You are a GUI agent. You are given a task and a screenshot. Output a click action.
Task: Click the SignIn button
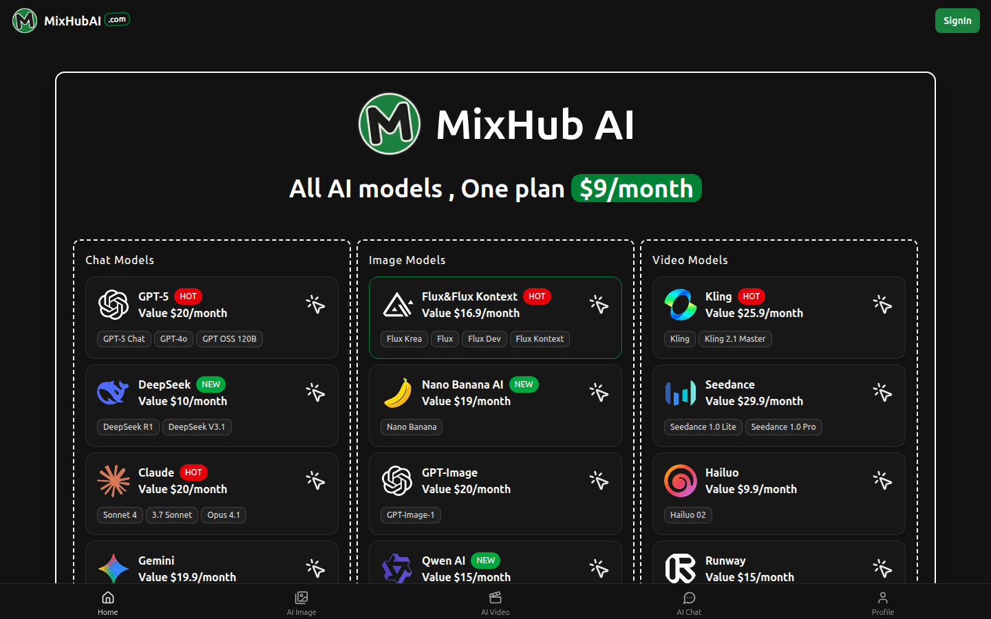click(x=957, y=21)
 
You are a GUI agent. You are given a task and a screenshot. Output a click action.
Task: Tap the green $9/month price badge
click(x=636, y=188)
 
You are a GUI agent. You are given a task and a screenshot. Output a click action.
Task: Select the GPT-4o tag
click(x=173, y=338)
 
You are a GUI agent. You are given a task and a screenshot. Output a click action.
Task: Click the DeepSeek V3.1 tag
click(x=196, y=426)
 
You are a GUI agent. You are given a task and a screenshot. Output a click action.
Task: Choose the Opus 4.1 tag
click(x=224, y=514)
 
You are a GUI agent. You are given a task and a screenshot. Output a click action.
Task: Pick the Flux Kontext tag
click(x=540, y=338)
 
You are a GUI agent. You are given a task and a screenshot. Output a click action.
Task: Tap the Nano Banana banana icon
click(x=397, y=393)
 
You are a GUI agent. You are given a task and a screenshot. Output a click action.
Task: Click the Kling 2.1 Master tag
click(x=735, y=338)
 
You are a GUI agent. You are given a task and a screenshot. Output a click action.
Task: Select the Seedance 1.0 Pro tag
click(x=783, y=426)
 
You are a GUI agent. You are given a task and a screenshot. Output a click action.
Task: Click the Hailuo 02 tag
click(x=688, y=514)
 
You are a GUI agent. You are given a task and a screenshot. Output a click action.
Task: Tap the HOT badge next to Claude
click(x=193, y=473)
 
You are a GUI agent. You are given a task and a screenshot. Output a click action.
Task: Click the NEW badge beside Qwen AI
click(x=485, y=560)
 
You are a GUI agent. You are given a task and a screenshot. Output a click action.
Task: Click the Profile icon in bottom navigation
click(x=882, y=598)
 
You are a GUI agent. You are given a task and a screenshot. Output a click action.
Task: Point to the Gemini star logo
click(x=114, y=569)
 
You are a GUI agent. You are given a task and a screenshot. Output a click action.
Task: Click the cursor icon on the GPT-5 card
click(x=315, y=305)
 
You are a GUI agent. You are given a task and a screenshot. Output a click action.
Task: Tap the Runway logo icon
click(x=680, y=569)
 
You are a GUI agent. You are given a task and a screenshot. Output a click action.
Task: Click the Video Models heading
click(x=690, y=260)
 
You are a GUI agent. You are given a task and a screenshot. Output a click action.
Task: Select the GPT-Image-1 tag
click(x=410, y=514)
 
